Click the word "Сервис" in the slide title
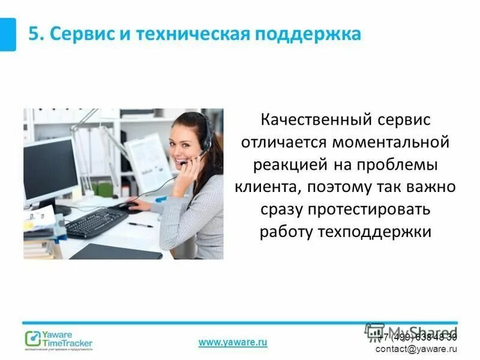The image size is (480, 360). click(x=76, y=34)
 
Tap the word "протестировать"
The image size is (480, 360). click(x=364, y=209)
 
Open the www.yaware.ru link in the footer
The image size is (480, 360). click(x=233, y=342)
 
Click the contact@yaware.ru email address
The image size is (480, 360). click(x=416, y=349)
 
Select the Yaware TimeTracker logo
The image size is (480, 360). click(x=59, y=340)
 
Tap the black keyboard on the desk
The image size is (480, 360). click(x=96, y=223)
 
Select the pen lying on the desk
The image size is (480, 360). click(x=141, y=225)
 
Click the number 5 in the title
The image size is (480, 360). click(x=34, y=34)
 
